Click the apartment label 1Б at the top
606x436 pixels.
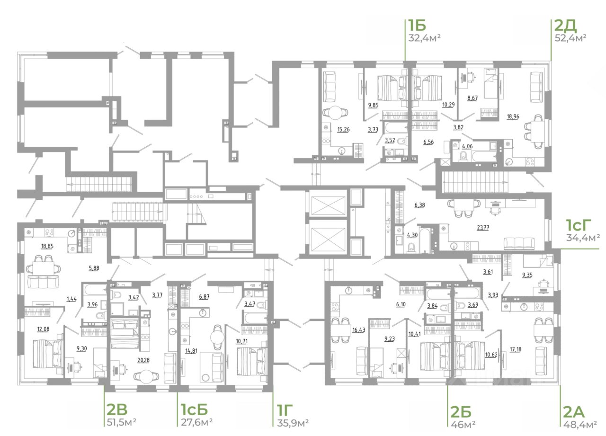pyautogui.click(x=417, y=25)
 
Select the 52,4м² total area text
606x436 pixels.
pyautogui.click(x=570, y=38)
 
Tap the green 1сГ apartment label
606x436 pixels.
pyautogui.click(x=579, y=225)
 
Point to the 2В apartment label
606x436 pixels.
pyautogui.click(x=117, y=409)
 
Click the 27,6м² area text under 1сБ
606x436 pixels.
pyautogui.click(x=196, y=422)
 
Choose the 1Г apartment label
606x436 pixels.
pyautogui.click(x=285, y=409)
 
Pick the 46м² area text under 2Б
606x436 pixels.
pyautogui.click(x=463, y=424)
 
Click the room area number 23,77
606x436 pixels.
pyautogui.click(x=483, y=228)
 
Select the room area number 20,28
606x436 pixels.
pyautogui.click(x=143, y=360)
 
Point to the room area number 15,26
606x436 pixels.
pyautogui.click(x=343, y=130)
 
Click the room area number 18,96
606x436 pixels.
pyautogui.click(x=513, y=116)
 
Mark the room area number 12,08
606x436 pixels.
pyautogui.click(x=43, y=329)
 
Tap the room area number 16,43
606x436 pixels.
pyautogui.click(x=359, y=330)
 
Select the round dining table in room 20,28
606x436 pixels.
pyautogui.click(x=146, y=376)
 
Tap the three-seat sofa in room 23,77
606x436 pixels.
pyautogui.click(x=519, y=243)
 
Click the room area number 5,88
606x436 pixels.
pyautogui.click(x=94, y=268)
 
